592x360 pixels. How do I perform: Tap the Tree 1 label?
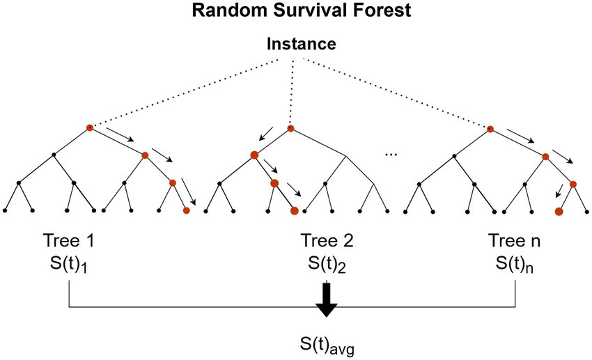[68, 242]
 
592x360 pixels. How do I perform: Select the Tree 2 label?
[327, 242]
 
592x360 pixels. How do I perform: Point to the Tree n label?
[515, 242]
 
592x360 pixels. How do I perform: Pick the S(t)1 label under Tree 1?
[68, 265]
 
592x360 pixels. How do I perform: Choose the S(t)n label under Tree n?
[515, 265]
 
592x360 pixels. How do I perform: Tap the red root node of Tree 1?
[89, 127]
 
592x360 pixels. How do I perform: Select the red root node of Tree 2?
[290, 128]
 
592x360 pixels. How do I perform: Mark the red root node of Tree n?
[490, 129]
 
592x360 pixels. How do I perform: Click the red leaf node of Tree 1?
[186, 210]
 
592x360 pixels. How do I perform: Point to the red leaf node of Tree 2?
[294, 210]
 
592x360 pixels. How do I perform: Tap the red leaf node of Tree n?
[559, 210]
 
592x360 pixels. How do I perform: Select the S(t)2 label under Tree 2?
[327, 265]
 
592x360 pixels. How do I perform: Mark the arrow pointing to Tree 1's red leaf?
[188, 191]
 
